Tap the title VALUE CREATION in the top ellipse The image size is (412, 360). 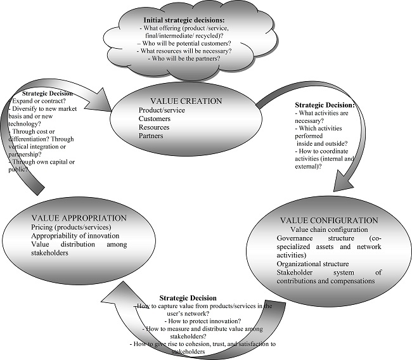(x=186, y=101)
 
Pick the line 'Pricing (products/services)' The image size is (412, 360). (x=71, y=227)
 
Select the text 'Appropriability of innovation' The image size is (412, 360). (x=76, y=236)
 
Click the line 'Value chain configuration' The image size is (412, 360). (x=328, y=229)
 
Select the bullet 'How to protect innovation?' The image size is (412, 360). (x=202, y=321)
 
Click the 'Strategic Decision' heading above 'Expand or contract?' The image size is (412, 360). (x=46, y=93)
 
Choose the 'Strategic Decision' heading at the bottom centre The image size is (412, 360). (x=188, y=298)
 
